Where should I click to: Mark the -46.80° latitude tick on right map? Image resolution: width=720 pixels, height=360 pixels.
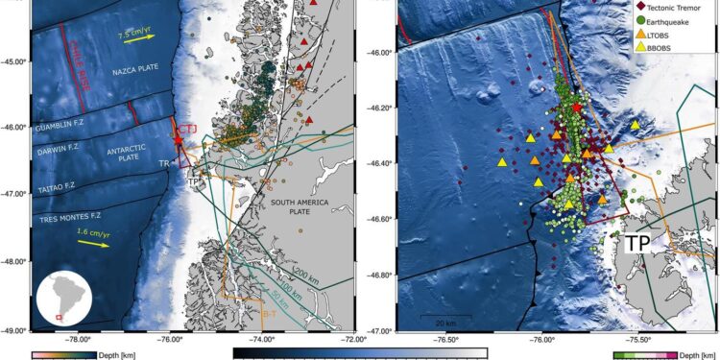click(374, 276)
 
